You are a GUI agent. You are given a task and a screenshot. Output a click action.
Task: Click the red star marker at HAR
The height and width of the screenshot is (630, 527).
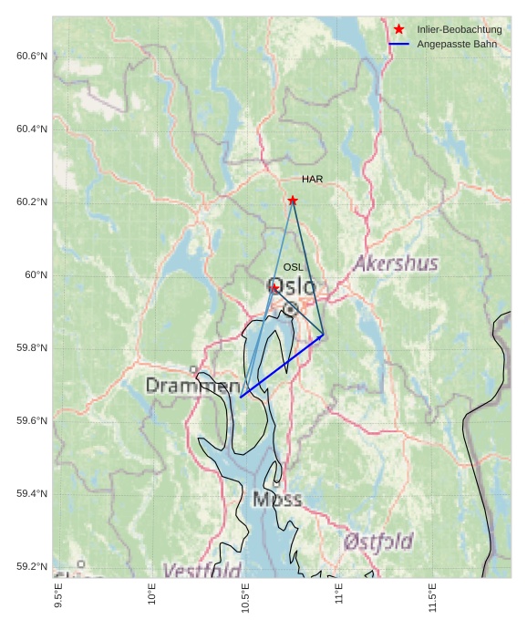click(x=293, y=201)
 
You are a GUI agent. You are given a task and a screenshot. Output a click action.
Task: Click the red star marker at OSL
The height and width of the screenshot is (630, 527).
click(x=274, y=287)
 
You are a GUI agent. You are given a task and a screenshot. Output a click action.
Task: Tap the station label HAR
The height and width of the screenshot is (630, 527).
click(x=313, y=180)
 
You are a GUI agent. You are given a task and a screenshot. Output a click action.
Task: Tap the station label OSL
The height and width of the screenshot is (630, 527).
click(x=293, y=267)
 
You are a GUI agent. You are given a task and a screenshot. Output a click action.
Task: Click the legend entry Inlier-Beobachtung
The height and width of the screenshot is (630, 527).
click(x=459, y=30)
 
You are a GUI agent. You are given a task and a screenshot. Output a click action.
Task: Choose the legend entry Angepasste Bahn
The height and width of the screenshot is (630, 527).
click(x=454, y=44)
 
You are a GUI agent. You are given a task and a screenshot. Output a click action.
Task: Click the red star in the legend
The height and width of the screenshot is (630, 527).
click(x=398, y=30)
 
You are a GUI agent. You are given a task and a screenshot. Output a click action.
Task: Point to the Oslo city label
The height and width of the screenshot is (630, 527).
click(x=292, y=287)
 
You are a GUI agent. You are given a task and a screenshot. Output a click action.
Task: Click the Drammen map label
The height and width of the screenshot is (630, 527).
click(x=192, y=387)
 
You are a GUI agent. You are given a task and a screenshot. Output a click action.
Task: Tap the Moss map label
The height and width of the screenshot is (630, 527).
click(x=277, y=500)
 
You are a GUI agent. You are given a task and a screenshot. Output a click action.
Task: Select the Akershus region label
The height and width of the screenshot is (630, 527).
click(x=396, y=264)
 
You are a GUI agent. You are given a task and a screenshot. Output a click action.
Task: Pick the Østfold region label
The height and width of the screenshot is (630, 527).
click(x=378, y=542)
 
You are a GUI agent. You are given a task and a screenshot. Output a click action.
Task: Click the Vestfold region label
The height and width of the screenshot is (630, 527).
click(x=201, y=571)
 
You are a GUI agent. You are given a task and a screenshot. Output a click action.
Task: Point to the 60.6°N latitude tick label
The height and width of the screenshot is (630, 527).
click(x=31, y=56)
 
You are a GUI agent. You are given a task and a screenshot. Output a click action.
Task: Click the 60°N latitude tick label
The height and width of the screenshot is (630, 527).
click(x=36, y=274)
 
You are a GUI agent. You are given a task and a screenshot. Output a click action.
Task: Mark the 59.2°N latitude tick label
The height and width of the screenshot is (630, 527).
click(x=31, y=566)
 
